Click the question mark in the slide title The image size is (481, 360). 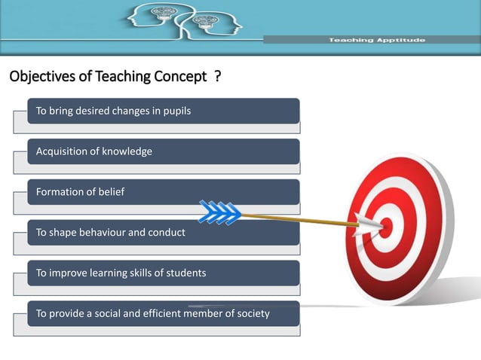coord(217,77)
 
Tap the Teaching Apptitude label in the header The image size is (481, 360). coord(376,39)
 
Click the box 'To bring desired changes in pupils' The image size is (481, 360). coord(163,111)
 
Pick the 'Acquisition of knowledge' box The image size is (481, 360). coord(163,151)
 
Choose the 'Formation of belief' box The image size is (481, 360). coord(163,192)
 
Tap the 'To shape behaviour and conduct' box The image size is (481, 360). coord(163,233)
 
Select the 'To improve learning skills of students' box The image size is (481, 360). coord(163,273)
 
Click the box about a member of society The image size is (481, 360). coord(163,313)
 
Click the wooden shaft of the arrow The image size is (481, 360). coord(302,218)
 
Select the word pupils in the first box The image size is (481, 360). coord(176,111)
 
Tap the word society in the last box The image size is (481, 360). coord(252,313)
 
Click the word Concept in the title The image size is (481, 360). coord(179,77)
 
